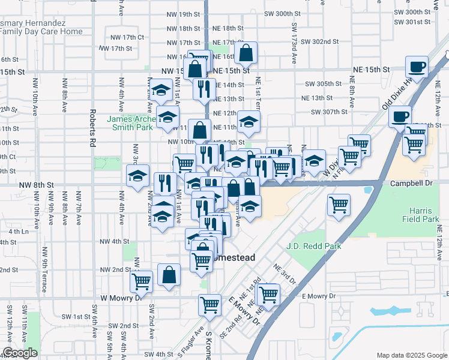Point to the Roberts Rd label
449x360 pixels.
coord(92,128)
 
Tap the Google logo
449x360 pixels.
coord(19,353)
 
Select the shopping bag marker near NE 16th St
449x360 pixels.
coord(246,53)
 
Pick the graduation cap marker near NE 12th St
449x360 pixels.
coord(249,122)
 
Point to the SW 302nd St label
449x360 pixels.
coord(320,42)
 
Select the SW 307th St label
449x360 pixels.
coord(329,112)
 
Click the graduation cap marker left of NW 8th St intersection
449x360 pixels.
coord(137,176)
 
